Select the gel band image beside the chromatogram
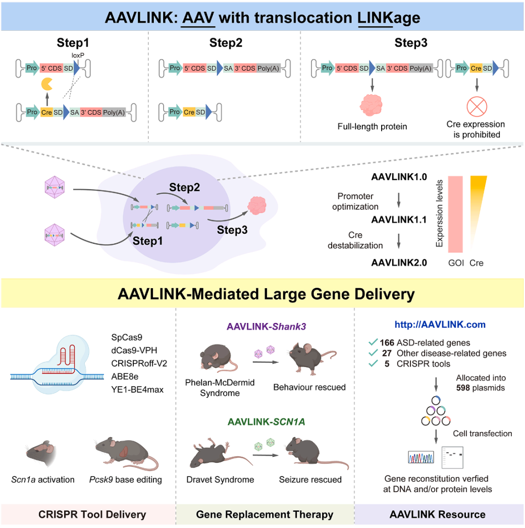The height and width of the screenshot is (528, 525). tap(452, 457)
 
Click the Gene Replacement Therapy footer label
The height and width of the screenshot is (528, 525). tap(265, 515)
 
